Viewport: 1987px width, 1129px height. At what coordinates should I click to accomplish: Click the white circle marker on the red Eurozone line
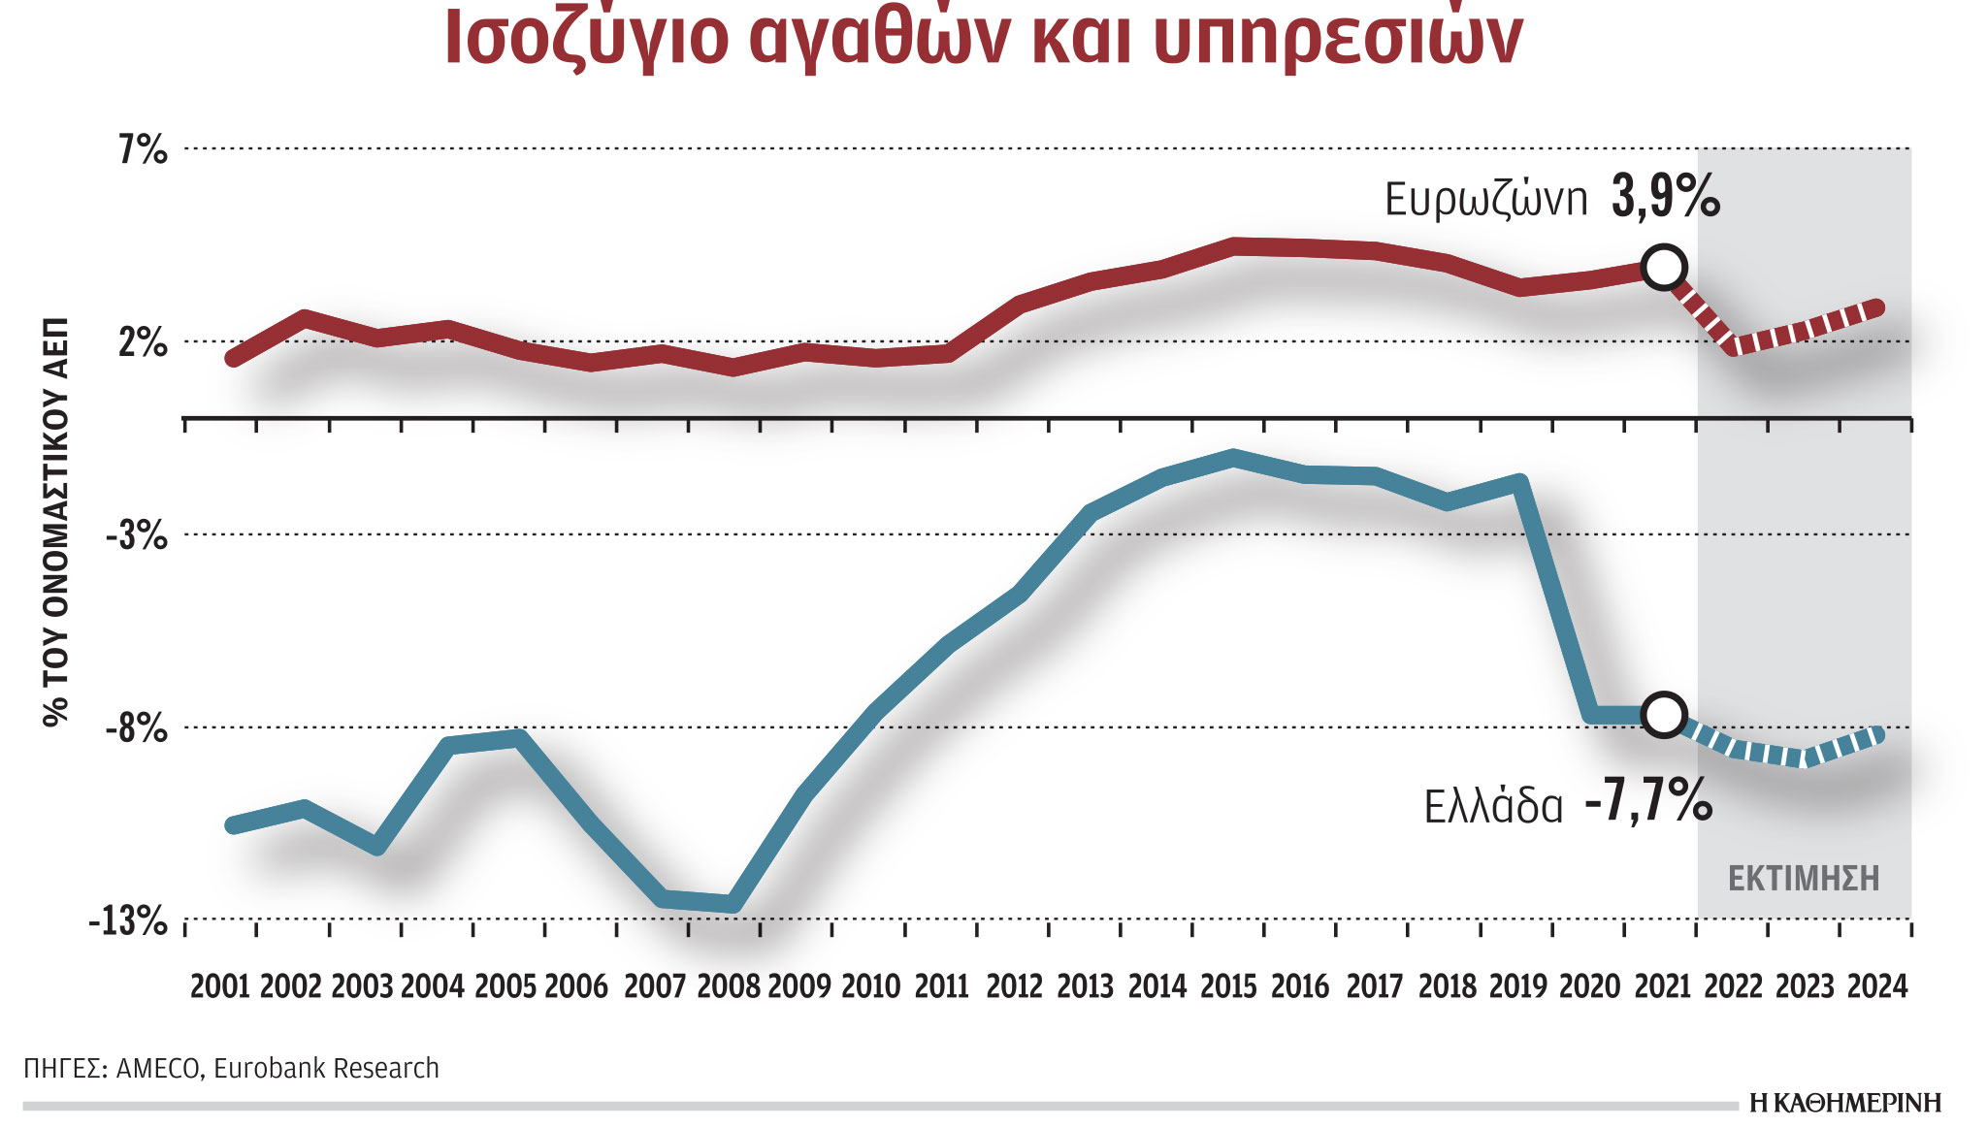[x=1664, y=267]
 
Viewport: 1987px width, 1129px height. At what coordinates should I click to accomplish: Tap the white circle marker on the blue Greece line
[x=1664, y=715]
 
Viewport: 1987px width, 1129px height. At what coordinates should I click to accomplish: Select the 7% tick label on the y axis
[x=143, y=150]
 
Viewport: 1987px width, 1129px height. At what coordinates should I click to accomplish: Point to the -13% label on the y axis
[x=128, y=920]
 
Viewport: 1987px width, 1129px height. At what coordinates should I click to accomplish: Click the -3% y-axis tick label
[x=137, y=535]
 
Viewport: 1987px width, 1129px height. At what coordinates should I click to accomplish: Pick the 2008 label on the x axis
[x=729, y=986]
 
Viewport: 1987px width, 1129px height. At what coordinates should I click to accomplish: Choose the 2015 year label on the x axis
[x=1228, y=986]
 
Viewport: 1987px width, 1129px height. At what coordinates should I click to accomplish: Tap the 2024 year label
[x=1877, y=986]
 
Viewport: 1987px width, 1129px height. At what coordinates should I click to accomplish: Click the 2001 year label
[x=220, y=986]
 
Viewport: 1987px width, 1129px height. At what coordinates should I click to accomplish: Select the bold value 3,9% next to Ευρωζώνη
[x=1666, y=197]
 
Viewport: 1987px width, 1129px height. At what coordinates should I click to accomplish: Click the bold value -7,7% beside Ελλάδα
[x=1648, y=801]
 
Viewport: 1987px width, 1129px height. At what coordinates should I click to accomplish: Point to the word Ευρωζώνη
[x=1485, y=200]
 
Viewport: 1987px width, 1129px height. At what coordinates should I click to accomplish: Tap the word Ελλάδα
[x=1493, y=807]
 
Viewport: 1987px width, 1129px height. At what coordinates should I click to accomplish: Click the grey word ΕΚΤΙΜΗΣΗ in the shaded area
[x=1804, y=879]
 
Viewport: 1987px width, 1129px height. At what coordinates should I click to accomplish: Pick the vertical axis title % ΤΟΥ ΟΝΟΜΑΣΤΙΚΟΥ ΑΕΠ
[x=56, y=521]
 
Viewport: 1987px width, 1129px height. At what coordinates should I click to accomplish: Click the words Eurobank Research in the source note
[x=326, y=1068]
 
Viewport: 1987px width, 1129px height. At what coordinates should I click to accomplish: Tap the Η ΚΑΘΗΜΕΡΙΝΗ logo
[x=1845, y=1103]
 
